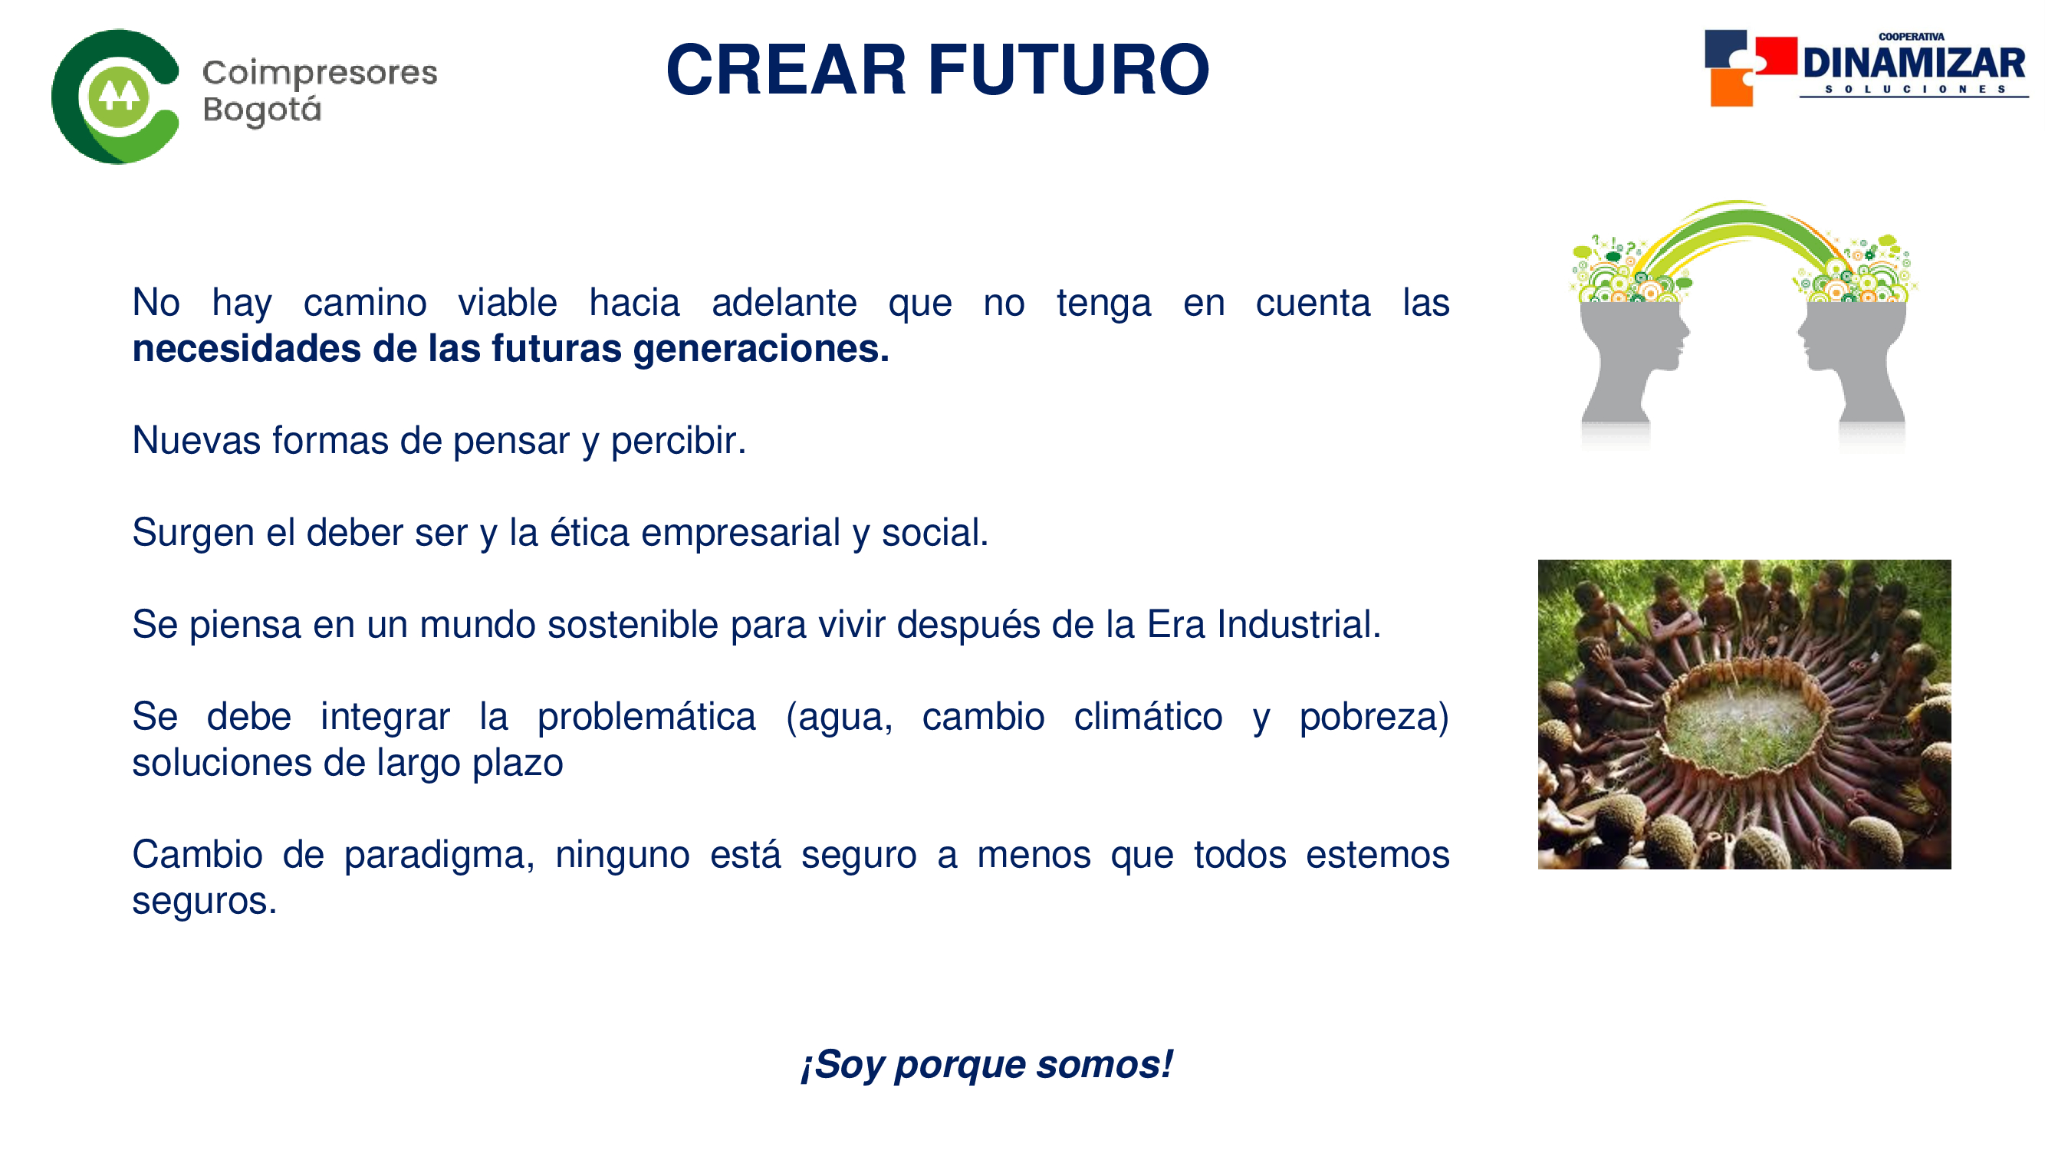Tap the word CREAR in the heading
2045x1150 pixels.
coord(786,70)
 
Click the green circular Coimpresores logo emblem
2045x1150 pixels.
coord(116,97)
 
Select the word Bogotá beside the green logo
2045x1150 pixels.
coord(262,110)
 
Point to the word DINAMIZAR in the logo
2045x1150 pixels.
coord(1914,63)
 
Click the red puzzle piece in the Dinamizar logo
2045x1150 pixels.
coord(1776,55)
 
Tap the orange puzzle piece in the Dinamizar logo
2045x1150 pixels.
coord(1731,87)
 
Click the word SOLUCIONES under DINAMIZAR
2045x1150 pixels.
coord(1915,89)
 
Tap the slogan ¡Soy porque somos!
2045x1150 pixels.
coord(986,1064)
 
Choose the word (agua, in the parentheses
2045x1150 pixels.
coord(839,718)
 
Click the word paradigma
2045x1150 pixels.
coord(439,856)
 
